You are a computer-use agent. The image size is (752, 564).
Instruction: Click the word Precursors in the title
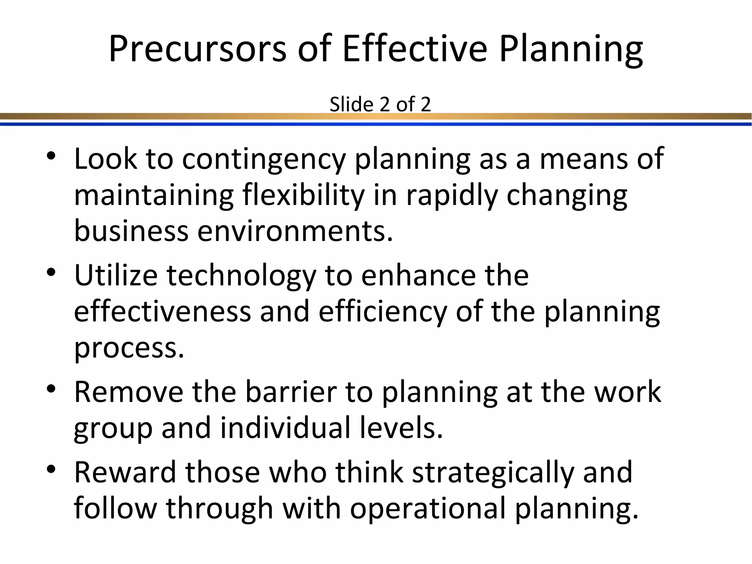pos(197,48)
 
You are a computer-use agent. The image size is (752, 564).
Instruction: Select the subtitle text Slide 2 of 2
pos(380,104)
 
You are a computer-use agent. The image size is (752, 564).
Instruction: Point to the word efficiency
pos(382,312)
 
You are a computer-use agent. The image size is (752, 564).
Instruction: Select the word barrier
pos(291,392)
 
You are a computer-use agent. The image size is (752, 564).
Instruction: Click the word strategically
pos(493,473)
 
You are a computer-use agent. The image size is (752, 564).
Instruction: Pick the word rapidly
pos(452,196)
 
